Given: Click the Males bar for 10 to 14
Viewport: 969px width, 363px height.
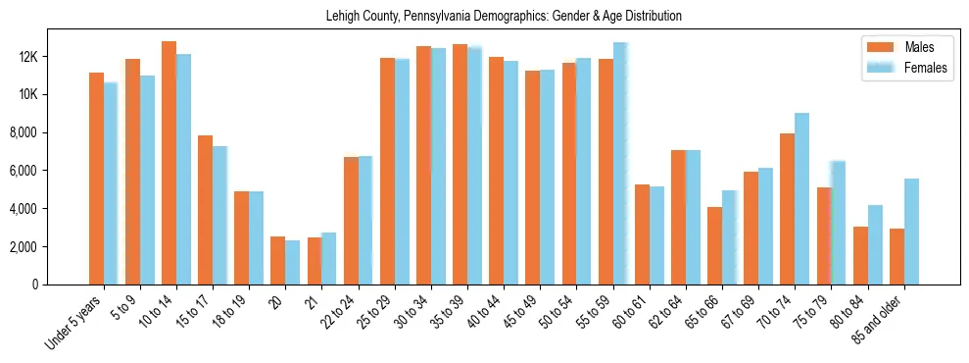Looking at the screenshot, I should point(169,163).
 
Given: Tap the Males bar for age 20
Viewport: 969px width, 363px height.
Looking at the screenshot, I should point(277,260).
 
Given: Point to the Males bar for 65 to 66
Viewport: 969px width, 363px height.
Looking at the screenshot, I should point(714,245).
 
